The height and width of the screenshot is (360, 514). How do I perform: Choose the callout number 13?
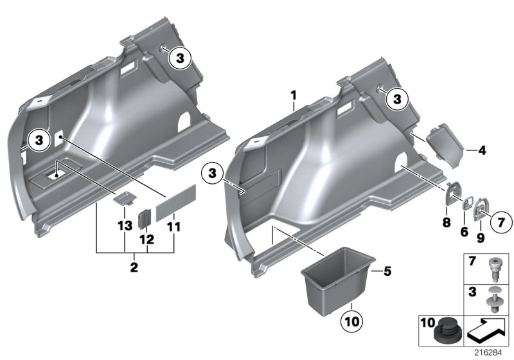(x=123, y=226)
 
